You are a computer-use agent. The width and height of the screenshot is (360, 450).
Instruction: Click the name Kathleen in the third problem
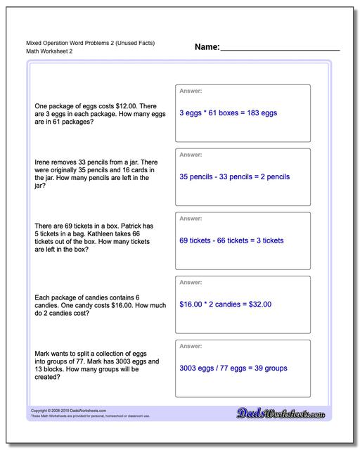tap(103, 233)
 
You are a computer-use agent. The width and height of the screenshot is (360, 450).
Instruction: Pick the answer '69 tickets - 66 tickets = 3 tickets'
tap(231, 240)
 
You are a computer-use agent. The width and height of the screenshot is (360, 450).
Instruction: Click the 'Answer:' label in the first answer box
tap(191, 91)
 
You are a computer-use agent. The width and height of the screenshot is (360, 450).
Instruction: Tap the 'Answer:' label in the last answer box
tap(191, 347)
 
